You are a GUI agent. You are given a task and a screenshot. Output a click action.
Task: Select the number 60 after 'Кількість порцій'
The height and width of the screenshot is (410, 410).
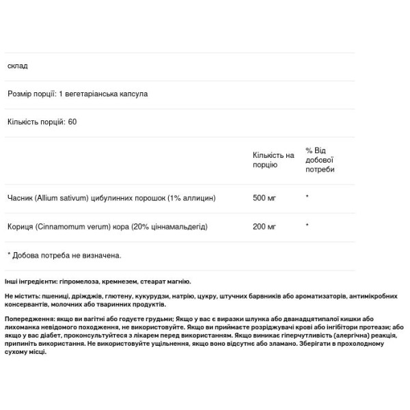coord(72,122)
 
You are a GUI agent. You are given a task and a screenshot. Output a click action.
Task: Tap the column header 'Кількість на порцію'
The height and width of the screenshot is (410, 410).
coord(273,159)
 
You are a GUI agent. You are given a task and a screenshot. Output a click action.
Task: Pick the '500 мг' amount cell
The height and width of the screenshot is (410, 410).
coord(264,198)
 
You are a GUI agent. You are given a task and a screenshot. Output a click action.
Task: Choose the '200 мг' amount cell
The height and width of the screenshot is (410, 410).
coord(264,225)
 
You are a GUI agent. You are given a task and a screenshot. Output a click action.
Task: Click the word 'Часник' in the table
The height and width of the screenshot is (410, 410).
coord(20,198)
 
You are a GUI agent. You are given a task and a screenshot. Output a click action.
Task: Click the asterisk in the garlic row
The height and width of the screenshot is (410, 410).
coord(307,198)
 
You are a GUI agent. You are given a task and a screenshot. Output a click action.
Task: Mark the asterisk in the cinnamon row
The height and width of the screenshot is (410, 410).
coord(307,225)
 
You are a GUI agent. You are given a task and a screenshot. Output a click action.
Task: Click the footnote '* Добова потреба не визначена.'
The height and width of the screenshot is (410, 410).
coord(64,255)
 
